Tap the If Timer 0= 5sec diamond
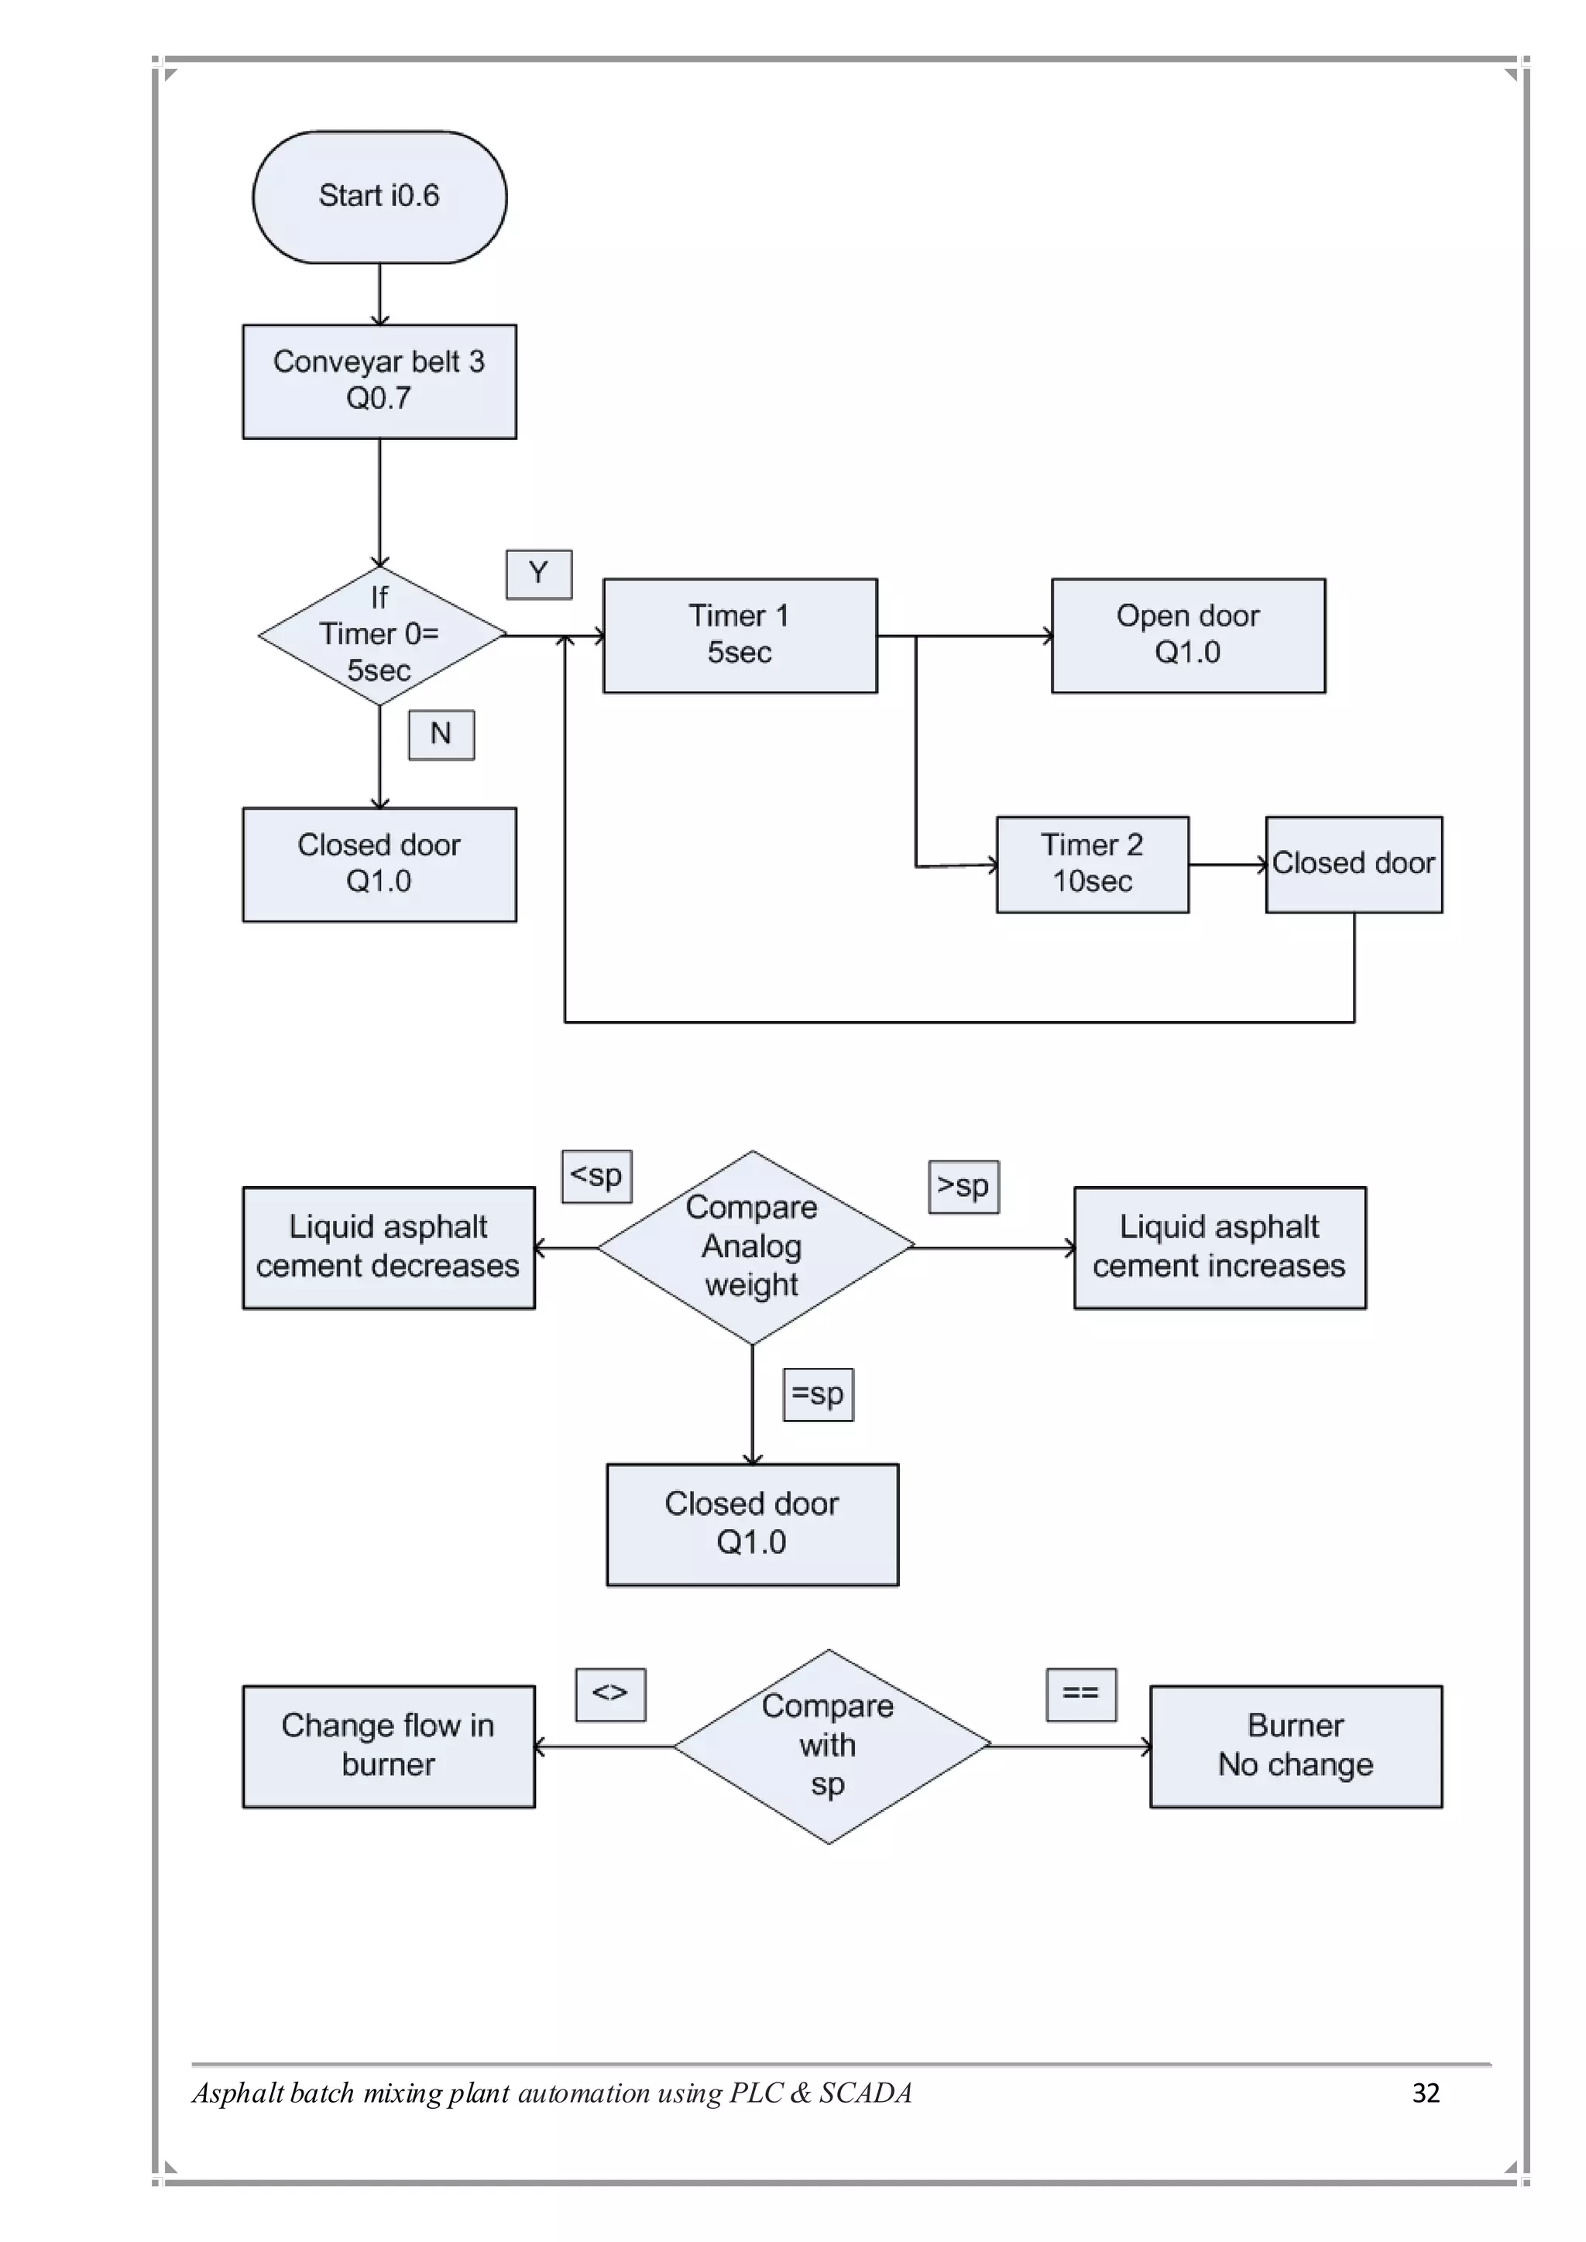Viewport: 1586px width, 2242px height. click(x=381, y=635)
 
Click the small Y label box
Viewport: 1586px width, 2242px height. click(x=538, y=574)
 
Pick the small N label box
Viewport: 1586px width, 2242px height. click(x=441, y=735)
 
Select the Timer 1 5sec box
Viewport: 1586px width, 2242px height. click(x=740, y=635)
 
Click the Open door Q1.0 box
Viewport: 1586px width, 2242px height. click(x=1187, y=635)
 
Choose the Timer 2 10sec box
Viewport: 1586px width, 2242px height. click(x=1092, y=864)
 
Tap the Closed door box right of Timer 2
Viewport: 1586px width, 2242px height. click(x=1354, y=864)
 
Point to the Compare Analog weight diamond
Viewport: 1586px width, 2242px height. click(x=753, y=1247)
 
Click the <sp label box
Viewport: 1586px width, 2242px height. click(x=597, y=1176)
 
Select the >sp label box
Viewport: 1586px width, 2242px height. click(x=963, y=1187)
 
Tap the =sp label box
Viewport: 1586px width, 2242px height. click(x=818, y=1394)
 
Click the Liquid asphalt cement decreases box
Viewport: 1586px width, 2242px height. click(x=388, y=1247)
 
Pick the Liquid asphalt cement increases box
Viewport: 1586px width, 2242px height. click(x=1219, y=1247)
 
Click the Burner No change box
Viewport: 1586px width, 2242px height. click(x=1295, y=1746)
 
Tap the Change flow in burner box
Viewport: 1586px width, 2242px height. click(x=388, y=1746)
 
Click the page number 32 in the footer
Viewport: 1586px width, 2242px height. click(x=1426, y=2093)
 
